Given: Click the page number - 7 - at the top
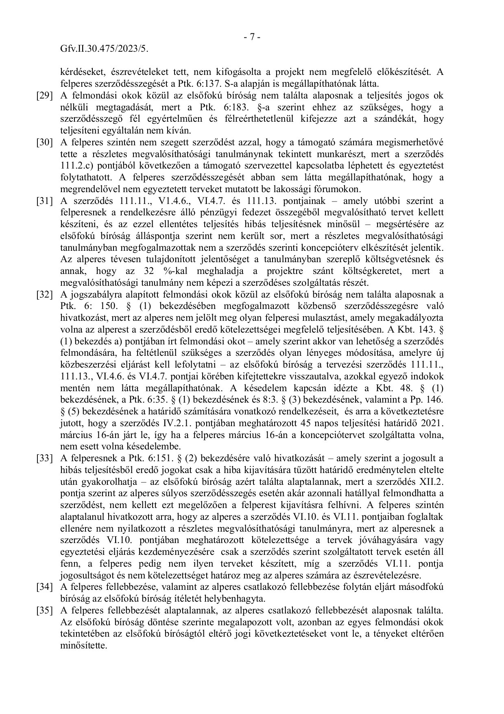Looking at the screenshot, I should point(252,37).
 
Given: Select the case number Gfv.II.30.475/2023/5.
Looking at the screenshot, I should point(104,49).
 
